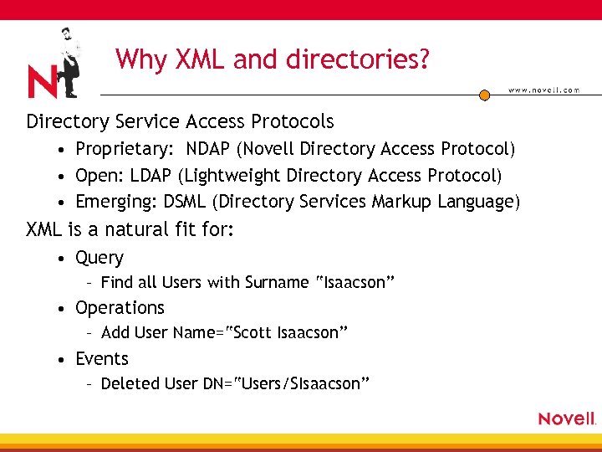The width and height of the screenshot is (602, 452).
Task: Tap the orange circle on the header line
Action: coord(484,95)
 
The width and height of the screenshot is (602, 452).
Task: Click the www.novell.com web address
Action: coord(543,90)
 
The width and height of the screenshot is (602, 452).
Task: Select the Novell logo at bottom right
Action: coord(567,419)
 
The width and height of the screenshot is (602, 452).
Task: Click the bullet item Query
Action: coord(99,258)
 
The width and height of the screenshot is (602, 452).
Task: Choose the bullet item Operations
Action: coord(120,308)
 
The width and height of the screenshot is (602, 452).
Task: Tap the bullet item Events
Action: coord(102,358)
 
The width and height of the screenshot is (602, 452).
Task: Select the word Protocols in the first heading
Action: coord(292,121)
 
